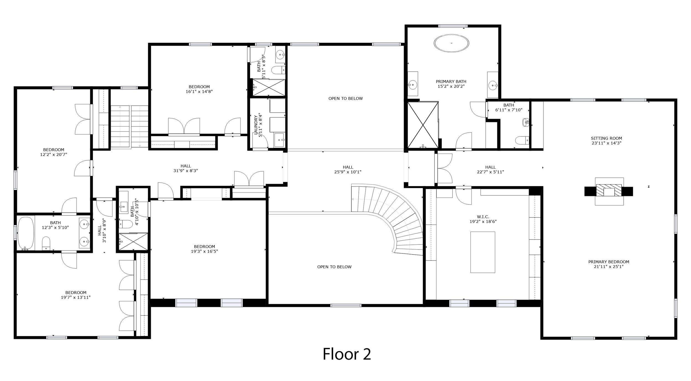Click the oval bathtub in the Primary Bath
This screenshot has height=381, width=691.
pyautogui.click(x=451, y=43)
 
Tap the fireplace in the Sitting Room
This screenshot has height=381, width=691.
pyautogui.click(x=609, y=191)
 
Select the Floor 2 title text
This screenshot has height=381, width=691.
pyautogui.click(x=347, y=354)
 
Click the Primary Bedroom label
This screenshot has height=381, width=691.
pyautogui.click(x=609, y=264)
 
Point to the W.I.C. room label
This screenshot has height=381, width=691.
pyautogui.click(x=483, y=219)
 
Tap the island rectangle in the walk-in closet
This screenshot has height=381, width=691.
pyautogui.click(x=483, y=252)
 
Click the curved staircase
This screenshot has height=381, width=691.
pyautogui.click(x=392, y=216)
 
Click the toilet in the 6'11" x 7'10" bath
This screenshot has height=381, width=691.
pyautogui.click(x=522, y=140)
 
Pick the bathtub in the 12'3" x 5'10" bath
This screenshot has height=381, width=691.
pyautogui.click(x=26, y=233)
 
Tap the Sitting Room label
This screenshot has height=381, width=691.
pyautogui.click(x=606, y=141)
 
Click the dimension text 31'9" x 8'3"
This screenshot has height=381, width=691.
pyautogui.click(x=186, y=171)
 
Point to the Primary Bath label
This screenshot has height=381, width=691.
pyautogui.click(x=451, y=84)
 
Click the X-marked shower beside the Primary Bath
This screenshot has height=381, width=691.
pyautogui.click(x=423, y=125)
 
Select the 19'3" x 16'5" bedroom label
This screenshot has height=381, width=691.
pyautogui.click(x=204, y=249)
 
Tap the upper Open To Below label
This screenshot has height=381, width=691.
pyautogui.click(x=345, y=98)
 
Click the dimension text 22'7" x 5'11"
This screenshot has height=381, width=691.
pyautogui.click(x=490, y=172)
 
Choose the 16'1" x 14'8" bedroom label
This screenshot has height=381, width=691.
pyautogui.click(x=199, y=89)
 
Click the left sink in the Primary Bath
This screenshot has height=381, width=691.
pyautogui.click(x=413, y=84)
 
